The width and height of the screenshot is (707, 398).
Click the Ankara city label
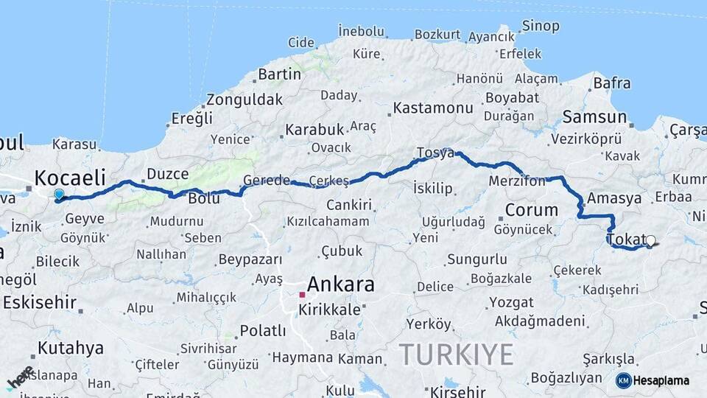click(340, 284)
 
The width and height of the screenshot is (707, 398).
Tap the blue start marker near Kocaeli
click(59, 195)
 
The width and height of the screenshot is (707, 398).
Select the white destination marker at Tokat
click(650, 240)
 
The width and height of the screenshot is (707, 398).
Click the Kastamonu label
click(432, 108)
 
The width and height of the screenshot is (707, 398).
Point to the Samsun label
click(594, 116)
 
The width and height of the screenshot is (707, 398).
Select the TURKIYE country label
click(456, 355)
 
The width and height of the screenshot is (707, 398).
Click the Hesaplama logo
click(653, 380)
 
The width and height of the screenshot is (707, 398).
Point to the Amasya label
click(614, 198)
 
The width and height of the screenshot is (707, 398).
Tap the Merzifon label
click(516, 181)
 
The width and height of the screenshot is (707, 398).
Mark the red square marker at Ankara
click(302, 295)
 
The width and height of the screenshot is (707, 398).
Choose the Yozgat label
click(510, 302)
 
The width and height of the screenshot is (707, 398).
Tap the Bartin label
click(279, 74)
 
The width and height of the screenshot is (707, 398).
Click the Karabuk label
click(314, 130)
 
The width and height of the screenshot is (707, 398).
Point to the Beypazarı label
click(250, 259)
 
